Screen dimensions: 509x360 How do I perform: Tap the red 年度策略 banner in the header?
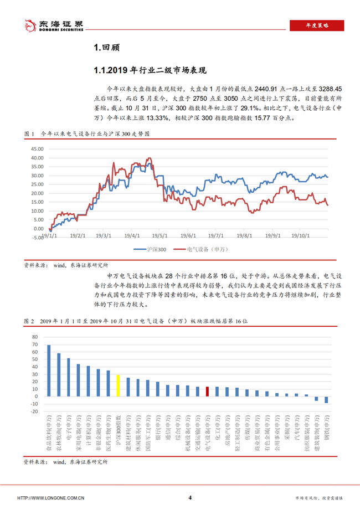coord(317,25)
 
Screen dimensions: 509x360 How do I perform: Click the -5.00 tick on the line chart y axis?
coord(37,238)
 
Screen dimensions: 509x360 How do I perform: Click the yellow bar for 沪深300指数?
coord(118,385)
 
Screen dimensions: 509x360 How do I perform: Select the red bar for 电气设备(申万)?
coord(207,392)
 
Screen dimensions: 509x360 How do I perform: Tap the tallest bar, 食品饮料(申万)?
coord(49,371)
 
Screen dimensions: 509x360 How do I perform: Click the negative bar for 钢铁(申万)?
coord(326,399)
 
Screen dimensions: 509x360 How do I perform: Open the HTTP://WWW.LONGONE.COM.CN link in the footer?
coord(51,498)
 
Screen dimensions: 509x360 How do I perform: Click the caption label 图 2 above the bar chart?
coord(29,321)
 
